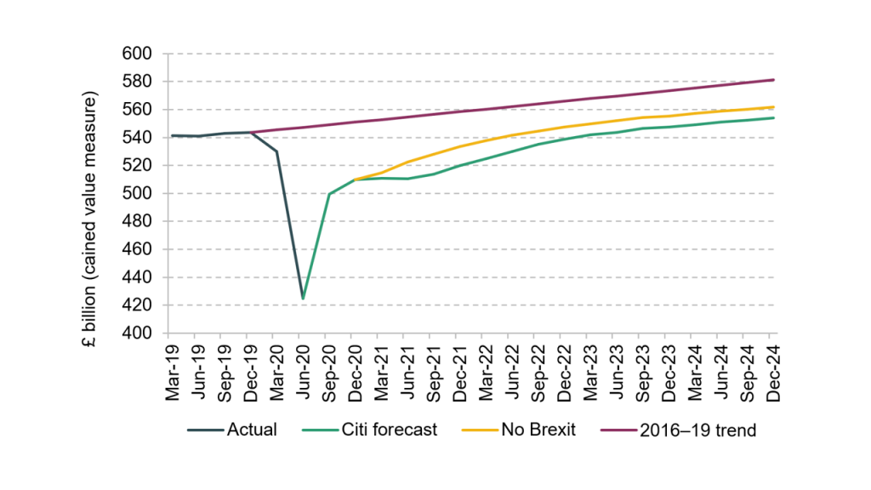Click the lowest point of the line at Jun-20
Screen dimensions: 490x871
(303, 299)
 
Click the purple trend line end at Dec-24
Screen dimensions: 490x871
(774, 80)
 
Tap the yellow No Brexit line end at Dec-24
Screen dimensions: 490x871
(774, 107)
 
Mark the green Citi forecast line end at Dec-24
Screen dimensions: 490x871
(774, 118)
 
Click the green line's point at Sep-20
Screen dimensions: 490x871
(329, 194)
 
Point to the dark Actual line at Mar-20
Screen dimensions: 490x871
(276, 151)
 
